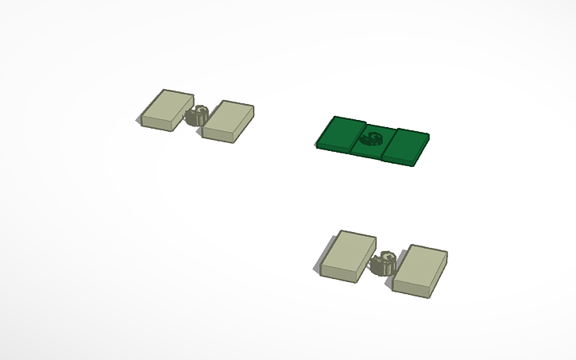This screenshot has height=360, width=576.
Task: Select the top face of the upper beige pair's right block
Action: [230, 115]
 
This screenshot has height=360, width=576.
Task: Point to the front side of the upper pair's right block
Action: [220, 134]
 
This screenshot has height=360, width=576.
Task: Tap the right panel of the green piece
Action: [407, 145]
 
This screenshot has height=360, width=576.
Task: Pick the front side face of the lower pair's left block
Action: [342, 273]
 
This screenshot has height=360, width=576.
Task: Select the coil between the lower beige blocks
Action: [385, 262]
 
